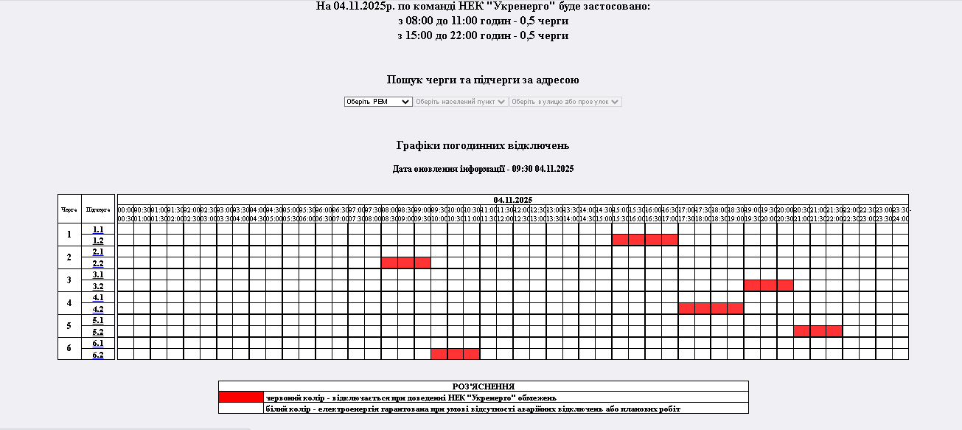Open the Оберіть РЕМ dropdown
[377, 102]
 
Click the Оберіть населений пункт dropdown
[461, 102]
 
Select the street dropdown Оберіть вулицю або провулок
[565, 102]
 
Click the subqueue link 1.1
[98, 229]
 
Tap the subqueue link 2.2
[98, 263]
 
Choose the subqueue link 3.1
[98, 274]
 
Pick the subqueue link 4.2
[98, 309]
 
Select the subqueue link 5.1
[98, 320]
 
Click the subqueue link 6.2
[98, 355]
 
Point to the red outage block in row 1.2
[645, 240]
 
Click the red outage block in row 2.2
[405, 263]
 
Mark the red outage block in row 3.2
[768, 285]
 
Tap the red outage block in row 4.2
[711, 308]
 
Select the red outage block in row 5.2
[818, 331]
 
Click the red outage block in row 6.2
[455, 354]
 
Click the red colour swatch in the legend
[241, 397]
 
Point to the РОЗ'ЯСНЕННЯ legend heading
[483, 386]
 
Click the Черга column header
[69, 209]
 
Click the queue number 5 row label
[69, 325]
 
